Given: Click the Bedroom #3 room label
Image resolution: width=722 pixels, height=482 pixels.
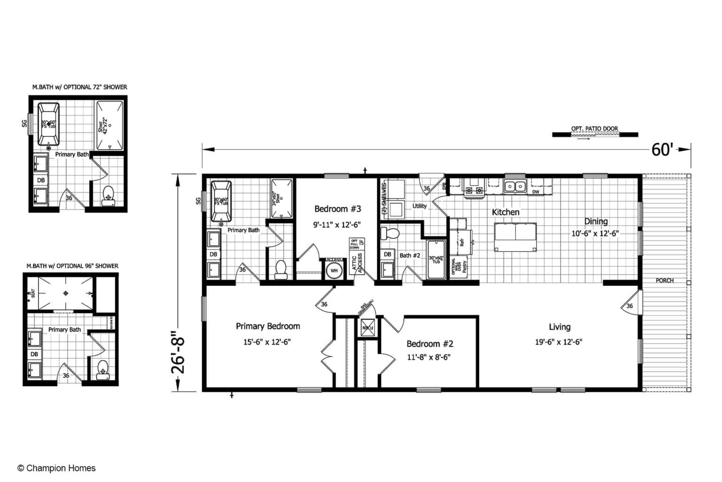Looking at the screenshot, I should pyautogui.click(x=337, y=209).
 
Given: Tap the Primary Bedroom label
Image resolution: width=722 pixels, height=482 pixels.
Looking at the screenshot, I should pyautogui.click(x=267, y=326).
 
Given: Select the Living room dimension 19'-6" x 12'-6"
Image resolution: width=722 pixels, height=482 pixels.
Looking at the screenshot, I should pyautogui.click(x=558, y=342).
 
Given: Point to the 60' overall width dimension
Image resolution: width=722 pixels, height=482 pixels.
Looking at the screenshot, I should pyautogui.click(x=662, y=150).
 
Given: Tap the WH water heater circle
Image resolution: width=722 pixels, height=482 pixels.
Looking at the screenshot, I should pyautogui.click(x=334, y=271).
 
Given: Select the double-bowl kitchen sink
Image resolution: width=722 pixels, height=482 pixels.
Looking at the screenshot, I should pyautogui.click(x=515, y=186).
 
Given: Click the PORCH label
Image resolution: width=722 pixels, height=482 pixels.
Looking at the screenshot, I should pyautogui.click(x=664, y=281).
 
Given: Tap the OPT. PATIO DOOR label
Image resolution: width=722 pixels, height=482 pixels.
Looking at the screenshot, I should pyautogui.click(x=594, y=129).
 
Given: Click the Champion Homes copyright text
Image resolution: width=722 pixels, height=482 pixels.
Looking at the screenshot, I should pyautogui.click(x=56, y=468).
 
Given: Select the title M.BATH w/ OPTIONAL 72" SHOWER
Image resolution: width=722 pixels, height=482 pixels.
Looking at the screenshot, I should pyautogui.click(x=79, y=87).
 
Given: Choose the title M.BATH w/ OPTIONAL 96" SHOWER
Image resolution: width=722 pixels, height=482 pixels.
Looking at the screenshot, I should pyautogui.click(x=72, y=266).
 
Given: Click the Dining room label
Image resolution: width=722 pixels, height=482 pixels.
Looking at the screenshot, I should pyautogui.click(x=596, y=221).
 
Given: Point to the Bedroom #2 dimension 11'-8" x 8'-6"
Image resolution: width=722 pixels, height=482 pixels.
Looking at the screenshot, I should pyautogui.click(x=429, y=357).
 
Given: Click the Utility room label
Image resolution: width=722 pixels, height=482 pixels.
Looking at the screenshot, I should pyautogui.click(x=419, y=206).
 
